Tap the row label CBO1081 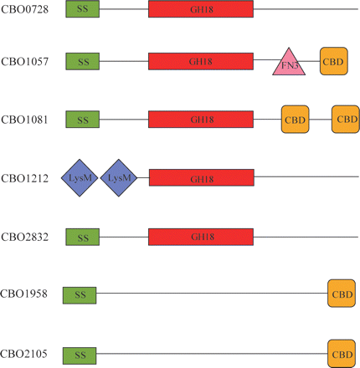pos(24,120)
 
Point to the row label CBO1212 pos(24,178)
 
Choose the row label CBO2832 pos(24,238)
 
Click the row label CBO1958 pos(24,294)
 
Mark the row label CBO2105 pos(24,355)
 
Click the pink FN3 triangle pos(289,64)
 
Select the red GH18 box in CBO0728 pos(201,8)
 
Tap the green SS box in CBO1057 pos(82,60)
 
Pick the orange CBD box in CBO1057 pos(333,60)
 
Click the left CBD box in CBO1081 pos(295,120)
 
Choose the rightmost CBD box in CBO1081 pos(345,120)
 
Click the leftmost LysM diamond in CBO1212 pos(79,178)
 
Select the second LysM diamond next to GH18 pos(118,178)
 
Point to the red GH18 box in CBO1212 pos(201,178)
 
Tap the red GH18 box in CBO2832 pos(201,238)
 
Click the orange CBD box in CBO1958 pos(342,294)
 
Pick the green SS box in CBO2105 pos(80,355)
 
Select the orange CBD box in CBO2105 pos(342,355)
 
